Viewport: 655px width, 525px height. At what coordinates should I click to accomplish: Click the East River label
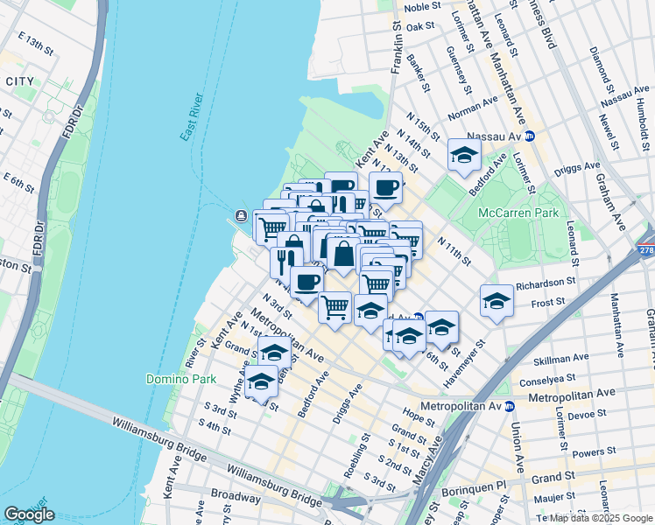pyautogui.click(x=192, y=116)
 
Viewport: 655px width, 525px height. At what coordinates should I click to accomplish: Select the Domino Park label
pyautogui.click(x=173, y=379)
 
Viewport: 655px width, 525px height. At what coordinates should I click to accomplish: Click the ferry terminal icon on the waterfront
pyautogui.click(x=241, y=216)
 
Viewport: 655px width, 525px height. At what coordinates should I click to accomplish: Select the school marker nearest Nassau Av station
pyautogui.click(x=463, y=157)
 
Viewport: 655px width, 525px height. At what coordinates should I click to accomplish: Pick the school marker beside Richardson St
pyautogui.click(x=497, y=302)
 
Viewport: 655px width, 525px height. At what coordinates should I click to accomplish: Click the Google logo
pyautogui.click(x=29, y=514)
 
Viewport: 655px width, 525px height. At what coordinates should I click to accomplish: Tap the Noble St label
pyautogui.click(x=424, y=8)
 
